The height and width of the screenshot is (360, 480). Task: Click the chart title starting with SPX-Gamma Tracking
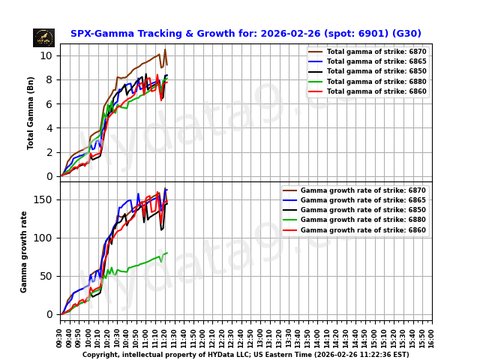pos(245,34)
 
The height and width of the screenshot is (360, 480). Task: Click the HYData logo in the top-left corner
pos(43,37)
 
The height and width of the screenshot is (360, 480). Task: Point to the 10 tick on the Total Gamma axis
pos(46,55)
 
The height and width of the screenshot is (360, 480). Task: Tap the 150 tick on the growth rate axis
pos(43,199)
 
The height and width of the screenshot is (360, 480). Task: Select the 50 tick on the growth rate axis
pos(46,276)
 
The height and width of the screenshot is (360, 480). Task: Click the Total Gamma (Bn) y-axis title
pos(31,112)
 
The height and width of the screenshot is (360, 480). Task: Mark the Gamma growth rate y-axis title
pos(24,251)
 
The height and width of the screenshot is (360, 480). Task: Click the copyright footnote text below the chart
pos(245,355)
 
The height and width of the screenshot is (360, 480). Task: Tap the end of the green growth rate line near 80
pos(166,253)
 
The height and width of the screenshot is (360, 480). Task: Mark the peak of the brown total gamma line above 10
pos(165,49)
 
